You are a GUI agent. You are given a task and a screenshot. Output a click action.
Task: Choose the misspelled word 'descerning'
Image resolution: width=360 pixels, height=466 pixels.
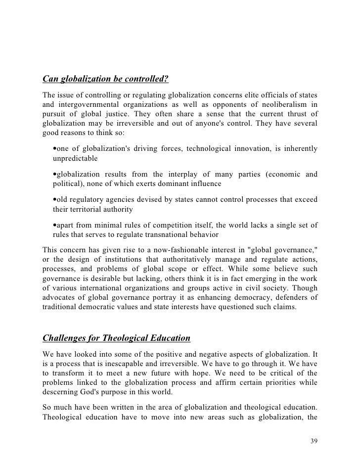click(x=62, y=391)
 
